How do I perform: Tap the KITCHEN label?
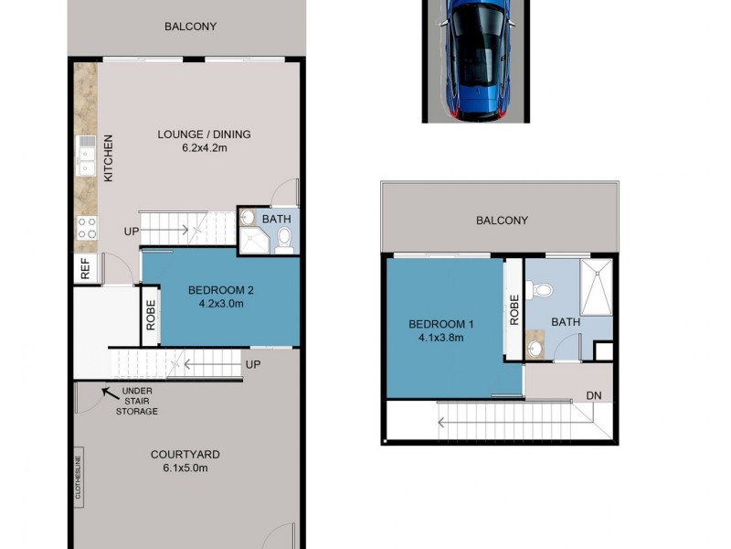[108, 157]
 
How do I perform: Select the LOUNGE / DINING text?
[204, 135]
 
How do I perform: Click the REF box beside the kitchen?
[85, 269]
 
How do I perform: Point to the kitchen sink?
[86, 156]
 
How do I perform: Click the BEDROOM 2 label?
[220, 291]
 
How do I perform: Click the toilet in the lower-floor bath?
[283, 241]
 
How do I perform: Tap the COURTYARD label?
[185, 455]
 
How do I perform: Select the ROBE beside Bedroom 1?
[514, 311]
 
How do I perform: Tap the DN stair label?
[595, 395]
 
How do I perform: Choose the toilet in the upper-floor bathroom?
[545, 290]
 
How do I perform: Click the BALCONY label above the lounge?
[190, 27]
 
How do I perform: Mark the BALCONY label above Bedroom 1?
[502, 221]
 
